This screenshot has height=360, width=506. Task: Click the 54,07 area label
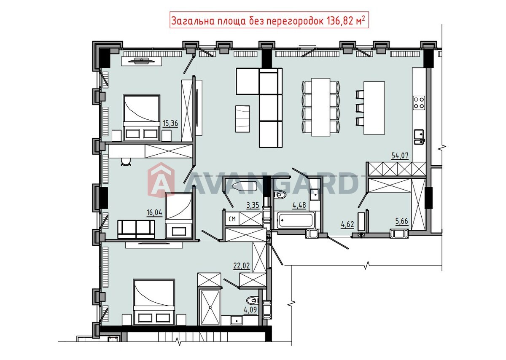[400, 156]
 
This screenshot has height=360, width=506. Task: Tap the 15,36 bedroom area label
[170, 124]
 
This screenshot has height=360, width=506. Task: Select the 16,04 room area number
[154, 213]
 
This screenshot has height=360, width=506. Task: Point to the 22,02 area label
[242, 266]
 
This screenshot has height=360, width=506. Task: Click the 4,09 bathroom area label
[250, 310]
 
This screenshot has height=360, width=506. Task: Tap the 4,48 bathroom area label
[299, 205]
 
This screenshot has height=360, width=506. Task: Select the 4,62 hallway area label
[347, 225]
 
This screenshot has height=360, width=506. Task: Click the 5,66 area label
[401, 221]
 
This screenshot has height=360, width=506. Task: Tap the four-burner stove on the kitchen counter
[419, 103]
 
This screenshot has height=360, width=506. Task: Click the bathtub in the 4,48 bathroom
[296, 220]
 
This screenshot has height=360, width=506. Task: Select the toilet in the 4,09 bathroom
[252, 301]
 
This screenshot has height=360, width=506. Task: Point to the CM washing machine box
[232, 219]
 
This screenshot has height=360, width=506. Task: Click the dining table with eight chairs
[320, 107]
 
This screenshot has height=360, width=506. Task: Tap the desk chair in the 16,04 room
[126, 162]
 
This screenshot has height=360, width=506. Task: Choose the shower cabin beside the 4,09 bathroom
[210, 308]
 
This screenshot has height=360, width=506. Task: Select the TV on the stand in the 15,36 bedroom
[142, 61]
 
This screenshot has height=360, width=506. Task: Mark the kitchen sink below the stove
[419, 137]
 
